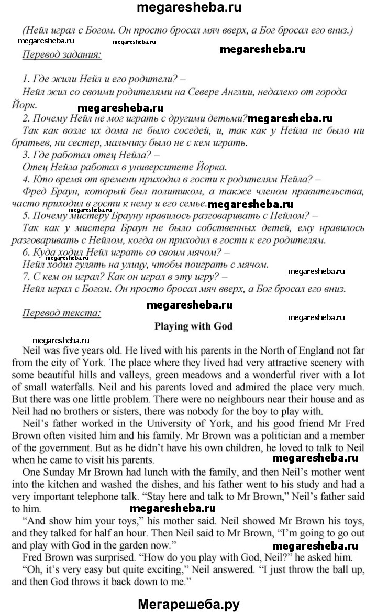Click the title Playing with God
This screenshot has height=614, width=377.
tap(193, 326)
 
